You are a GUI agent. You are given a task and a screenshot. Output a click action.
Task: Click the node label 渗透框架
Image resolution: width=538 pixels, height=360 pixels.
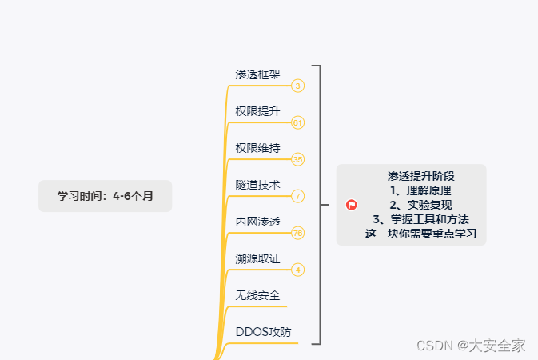pyautogui.click(x=257, y=74)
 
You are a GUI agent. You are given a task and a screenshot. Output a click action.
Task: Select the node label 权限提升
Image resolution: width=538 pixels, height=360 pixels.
pyautogui.click(x=257, y=111)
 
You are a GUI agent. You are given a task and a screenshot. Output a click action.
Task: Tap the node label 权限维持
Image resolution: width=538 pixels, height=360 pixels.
pyautogui.click(x=257, y=148)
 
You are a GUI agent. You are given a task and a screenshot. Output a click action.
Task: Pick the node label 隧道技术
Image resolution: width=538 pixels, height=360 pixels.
pyautogui.click(x=257, y=185)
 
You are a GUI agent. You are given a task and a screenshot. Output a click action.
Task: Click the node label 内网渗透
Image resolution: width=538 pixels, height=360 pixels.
pyautogui.click(x=257, y=222)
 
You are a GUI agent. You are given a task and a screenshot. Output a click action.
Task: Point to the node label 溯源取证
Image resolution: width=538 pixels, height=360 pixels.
pyautogui.click(x=257, y=258)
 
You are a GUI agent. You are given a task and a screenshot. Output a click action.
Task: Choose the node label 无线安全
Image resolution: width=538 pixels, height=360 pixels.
pyautogui.click(x=257, y=295)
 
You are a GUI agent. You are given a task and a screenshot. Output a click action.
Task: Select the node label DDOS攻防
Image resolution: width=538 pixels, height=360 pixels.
pyautogui.click(x=264, y=332)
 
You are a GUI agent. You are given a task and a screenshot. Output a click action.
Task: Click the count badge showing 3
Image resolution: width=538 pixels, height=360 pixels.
pyautogui.click(x=297, y=86)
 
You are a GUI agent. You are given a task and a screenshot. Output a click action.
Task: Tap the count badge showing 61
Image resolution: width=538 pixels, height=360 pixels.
pyautogui.click(x=297, y=122)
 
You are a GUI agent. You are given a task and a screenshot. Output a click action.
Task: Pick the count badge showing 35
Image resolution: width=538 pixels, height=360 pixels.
pyautogui.click(x=297, y=159)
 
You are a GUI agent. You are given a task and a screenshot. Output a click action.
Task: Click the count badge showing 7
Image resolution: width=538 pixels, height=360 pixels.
pyautogui.click(x=297, y=196)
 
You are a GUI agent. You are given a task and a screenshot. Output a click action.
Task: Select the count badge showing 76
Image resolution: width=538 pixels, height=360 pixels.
pyautogui.click(x=297, y=233)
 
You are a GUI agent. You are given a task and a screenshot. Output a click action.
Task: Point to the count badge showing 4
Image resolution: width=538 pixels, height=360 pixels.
pyautogui.click(x=297, y=270)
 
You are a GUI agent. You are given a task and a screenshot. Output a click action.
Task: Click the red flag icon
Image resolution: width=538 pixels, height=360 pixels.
pyautogui.click(x=352, y=205)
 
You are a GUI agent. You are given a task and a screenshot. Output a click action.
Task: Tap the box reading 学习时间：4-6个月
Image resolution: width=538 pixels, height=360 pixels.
pyautogui.click(x=105, y=196)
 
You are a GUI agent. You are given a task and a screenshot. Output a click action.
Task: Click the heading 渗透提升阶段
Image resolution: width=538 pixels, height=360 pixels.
pyautogui.click(x=420, y=176)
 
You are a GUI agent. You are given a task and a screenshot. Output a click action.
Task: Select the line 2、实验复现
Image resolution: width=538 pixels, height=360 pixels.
pyautogui.click(x=420, y=205)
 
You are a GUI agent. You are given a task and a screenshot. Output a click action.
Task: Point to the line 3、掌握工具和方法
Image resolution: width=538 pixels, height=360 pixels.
pyautogui.click(x=420, y=219)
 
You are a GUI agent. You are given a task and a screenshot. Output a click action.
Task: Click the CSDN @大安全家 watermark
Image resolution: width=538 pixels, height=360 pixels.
pyautogui.click(x=471, y=346)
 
